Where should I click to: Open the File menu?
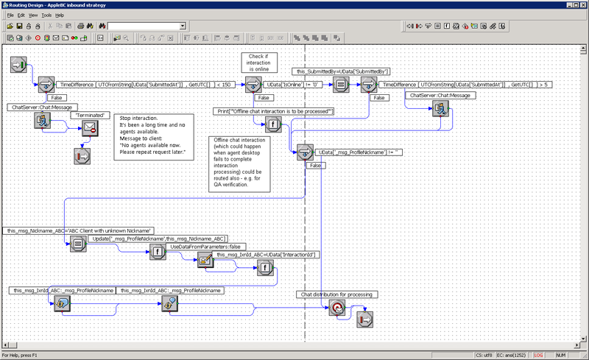(x=10, y=15)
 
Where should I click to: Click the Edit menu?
(x=21, y=15)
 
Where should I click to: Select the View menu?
(x=33, y=15)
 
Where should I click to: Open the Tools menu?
(x=46, y=15)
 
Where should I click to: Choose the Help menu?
(x=60, y=15)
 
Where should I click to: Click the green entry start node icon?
(x=19, y=66)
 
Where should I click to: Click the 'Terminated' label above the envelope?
(x=90, y=116)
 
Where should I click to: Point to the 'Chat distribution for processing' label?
(x=339, y=294)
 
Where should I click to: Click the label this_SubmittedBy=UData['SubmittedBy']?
(x=342, y=71)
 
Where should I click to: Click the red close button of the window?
(x=582, y=5)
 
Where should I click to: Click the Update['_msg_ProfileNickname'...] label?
(x=158, y=239)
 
